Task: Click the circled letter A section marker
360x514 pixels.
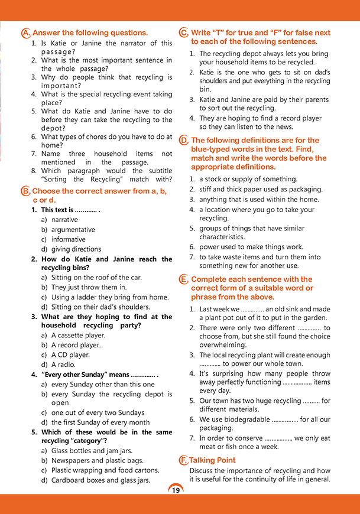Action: tap(25, 33)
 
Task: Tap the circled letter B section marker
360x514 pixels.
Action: tap(25, 191)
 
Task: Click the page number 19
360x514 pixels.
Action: tap(176, 490)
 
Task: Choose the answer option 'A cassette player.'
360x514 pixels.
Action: tap(78, 336)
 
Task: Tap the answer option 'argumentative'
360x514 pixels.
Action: tap(73, 230)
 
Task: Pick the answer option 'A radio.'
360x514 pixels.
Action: tap(63, 365)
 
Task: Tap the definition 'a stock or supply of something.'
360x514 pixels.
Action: tap(248, 179)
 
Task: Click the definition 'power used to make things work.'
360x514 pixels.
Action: tap(251, 247)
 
